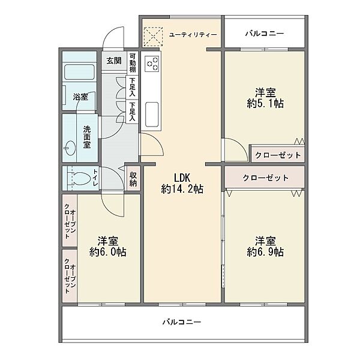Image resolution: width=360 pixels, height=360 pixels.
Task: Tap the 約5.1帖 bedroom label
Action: click(265, 98)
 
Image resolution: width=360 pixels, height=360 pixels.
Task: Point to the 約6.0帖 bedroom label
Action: click(108, 245)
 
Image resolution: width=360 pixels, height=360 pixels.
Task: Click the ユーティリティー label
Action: click(193, 35)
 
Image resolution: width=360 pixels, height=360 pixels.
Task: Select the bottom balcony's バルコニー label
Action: click(182, 322)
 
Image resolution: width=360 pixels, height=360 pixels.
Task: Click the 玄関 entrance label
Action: click(114, 60)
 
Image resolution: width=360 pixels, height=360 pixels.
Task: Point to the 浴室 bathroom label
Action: click(80, 96)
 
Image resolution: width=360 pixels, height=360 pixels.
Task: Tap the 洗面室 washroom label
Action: click(87, 137)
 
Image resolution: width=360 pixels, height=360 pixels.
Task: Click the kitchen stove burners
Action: click(151, 62)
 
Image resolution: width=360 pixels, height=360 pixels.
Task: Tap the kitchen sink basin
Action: click(151, 112)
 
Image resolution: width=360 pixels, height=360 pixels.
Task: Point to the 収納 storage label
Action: click(133, 179)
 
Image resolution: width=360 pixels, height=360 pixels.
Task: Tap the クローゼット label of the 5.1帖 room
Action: click(278, 155)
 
